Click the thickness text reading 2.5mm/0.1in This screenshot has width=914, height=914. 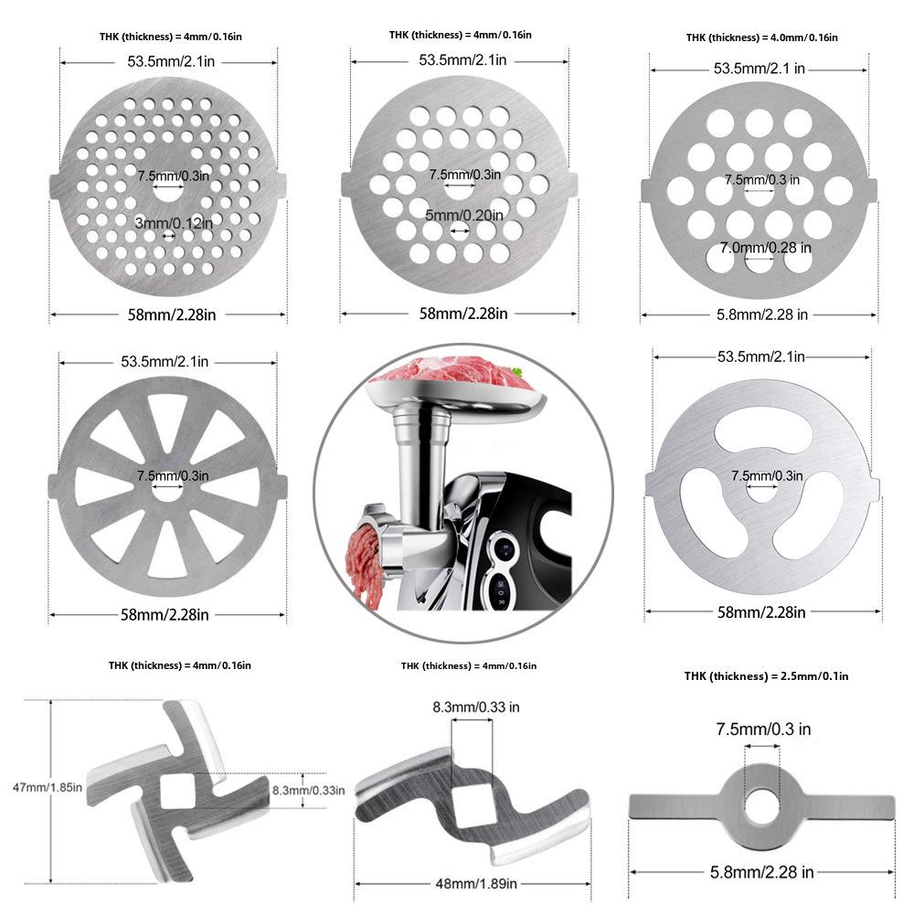tap(766, 675)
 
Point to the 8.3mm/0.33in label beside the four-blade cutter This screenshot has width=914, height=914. tap(309, 790)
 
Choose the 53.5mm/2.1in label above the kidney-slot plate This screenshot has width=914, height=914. tap(760, 356)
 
